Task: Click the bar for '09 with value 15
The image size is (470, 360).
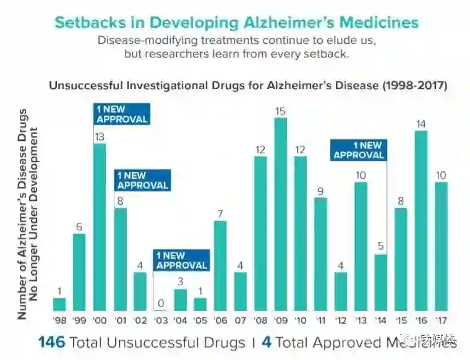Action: [281, 214]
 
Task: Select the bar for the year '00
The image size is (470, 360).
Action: [100, 227]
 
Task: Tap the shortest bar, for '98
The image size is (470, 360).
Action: [59, 304]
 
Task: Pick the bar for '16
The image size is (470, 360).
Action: [421, 220]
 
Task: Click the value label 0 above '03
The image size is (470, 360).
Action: [160, 304]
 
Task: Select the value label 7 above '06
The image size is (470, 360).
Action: [220, 214]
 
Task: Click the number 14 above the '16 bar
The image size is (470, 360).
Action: [421, 124]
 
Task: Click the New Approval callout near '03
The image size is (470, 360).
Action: [181, 260]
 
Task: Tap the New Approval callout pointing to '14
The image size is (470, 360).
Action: [359, 150]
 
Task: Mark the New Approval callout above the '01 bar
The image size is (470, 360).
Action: [142, 180]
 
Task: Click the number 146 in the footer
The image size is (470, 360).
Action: [51, 342]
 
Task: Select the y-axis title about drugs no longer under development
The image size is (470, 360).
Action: [29, 213]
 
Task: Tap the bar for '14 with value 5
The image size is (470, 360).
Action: [381, 282]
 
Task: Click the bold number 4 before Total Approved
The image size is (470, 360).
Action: [266, 342]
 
